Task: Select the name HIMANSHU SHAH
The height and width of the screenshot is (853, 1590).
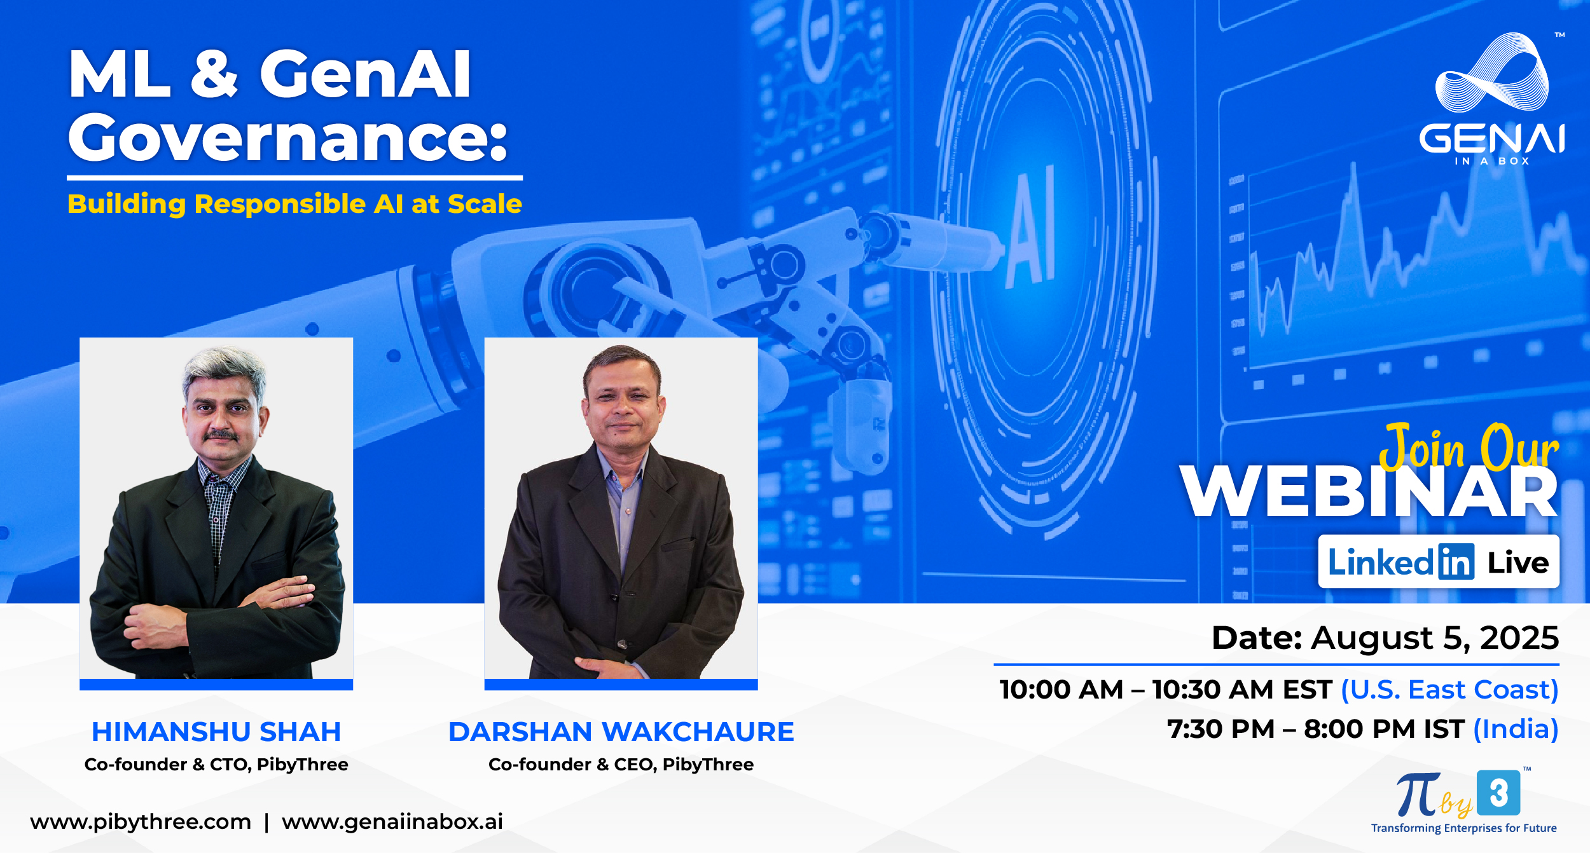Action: pos(216,732)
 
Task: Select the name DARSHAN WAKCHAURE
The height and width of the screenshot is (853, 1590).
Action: pos(621,732)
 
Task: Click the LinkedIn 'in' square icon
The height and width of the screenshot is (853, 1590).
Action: pos(1456,562)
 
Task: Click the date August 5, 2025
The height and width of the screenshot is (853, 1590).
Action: pos(1434,638)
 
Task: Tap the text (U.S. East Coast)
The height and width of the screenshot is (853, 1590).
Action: pos(1449,690)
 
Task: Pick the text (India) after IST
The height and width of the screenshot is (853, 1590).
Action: pos(1516,729)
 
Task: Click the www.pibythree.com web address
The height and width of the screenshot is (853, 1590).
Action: pos(141,822)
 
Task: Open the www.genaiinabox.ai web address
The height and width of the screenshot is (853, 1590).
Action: pos(392,822)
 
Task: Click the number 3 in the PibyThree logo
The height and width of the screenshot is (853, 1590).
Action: pos(1498,793)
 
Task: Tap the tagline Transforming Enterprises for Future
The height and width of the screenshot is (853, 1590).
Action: pos(1463,828)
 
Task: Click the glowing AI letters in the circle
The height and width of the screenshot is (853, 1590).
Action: pos(1032,226)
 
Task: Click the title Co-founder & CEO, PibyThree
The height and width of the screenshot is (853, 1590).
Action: pos(621,764)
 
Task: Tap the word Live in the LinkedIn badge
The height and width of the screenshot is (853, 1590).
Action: pos(1517,563)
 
